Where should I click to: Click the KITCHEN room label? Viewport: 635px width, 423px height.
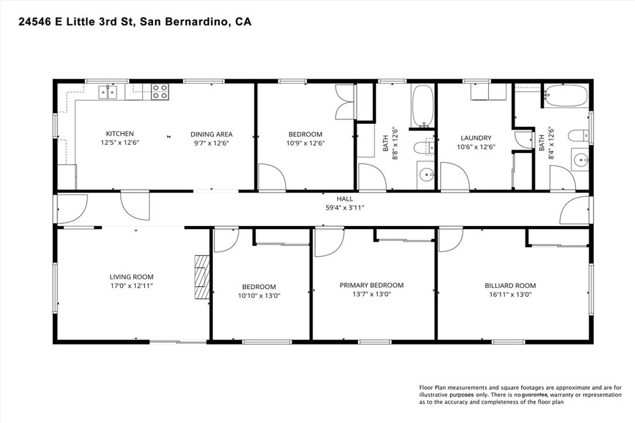click(x=120, y=133)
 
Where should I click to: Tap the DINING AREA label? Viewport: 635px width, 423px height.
click(x=211, y=134)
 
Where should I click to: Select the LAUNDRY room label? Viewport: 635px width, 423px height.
click(x=476, y=138)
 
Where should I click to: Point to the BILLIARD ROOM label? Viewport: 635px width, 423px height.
click(x=510, y=286)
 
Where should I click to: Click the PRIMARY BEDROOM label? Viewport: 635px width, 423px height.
click(x=371, y=285)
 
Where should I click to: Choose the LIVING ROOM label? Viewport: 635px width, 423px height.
click(x=131, y=277)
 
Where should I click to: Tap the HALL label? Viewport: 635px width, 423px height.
click(x=345, y=199)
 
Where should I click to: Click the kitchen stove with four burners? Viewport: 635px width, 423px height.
click(x=160, y=92)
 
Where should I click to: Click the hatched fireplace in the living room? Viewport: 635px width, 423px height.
click(x=202, y=277)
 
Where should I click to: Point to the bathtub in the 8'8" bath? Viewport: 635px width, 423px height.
click(x=422, y=105)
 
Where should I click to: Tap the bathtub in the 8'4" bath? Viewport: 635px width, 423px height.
click(x=565, y=96)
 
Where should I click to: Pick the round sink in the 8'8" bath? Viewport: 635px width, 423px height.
click(x=425, y=175)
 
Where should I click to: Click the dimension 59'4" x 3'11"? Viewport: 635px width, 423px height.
click(x=345, y=208)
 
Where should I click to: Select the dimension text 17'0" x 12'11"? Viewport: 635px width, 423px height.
click(x=131, y=286)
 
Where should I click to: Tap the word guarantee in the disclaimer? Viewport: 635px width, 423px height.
click(x=535, y=395)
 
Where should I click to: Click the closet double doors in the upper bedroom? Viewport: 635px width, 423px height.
click(x=345, y=102)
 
